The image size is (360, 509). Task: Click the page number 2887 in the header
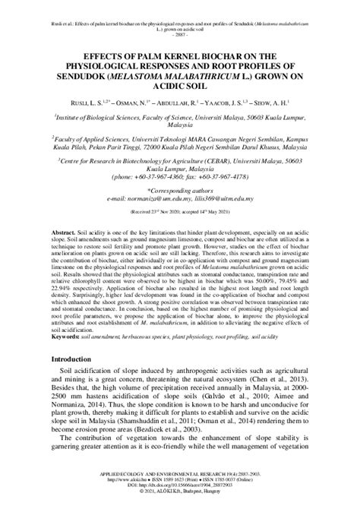179,36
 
